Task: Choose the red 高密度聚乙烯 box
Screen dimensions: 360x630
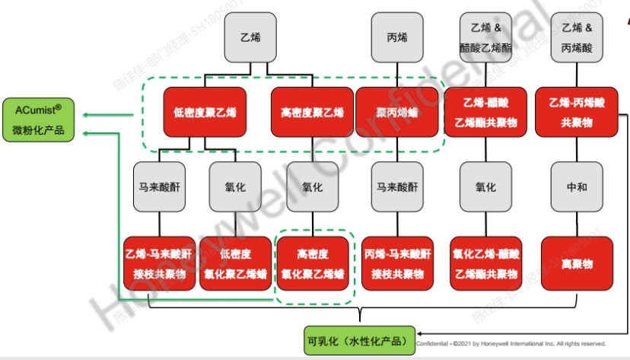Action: pos(312,112)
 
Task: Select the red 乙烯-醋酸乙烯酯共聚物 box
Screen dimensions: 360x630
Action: pos(485,112)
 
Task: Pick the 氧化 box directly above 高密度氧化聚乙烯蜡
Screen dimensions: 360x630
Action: pos(312,187)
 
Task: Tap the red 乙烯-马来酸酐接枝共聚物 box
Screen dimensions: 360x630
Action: pos(160,263)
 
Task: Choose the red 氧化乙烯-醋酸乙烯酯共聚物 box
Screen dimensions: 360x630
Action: pos(485,263)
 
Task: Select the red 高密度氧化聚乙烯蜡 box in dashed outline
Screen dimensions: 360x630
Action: pos(312,263)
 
